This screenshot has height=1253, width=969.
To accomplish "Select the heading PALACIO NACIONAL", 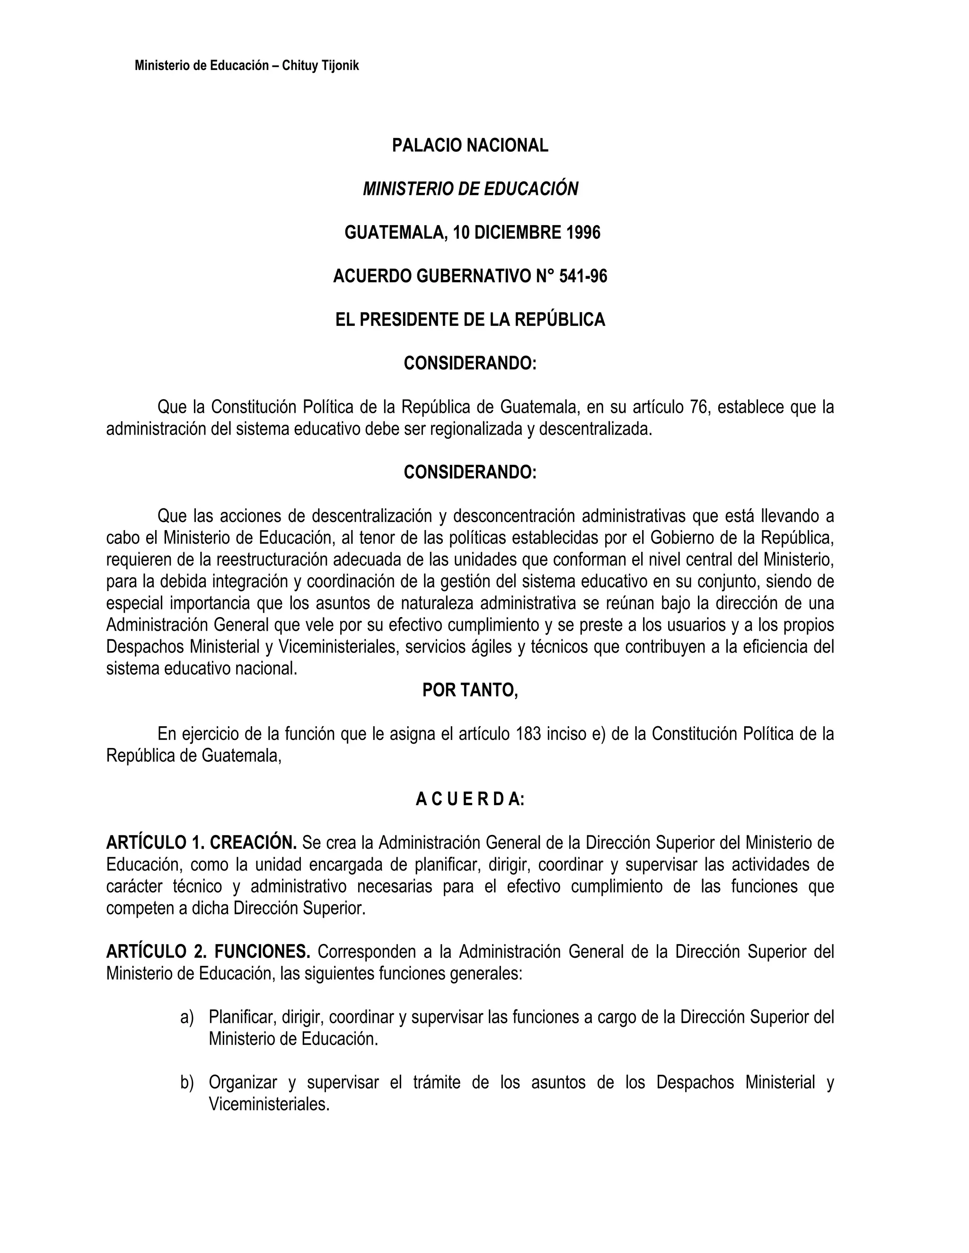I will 470,146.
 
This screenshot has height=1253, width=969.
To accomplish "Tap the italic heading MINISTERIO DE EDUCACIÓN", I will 470,189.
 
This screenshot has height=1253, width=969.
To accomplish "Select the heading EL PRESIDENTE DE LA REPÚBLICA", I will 470,320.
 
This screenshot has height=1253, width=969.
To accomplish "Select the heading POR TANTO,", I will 470,690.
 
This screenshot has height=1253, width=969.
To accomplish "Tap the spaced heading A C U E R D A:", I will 470,799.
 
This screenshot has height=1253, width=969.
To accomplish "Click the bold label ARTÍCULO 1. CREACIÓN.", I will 202,843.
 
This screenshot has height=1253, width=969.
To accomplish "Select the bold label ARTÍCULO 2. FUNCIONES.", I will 208,952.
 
